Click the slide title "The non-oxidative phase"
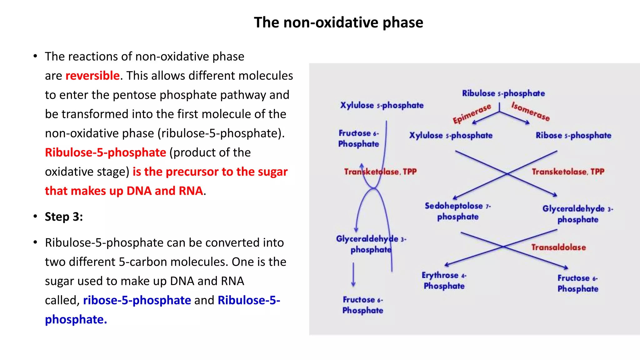coord(338,22)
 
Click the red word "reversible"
coord(92,76)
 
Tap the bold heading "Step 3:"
coord(64,217)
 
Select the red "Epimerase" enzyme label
coord(472,114)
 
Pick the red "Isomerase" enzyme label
coord(530,112)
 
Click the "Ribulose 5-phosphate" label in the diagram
coord(503,93)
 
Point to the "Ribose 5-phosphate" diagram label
coord(573,135)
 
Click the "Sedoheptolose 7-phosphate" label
coord(458,211)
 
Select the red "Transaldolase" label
coord(558,247)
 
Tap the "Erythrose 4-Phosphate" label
coord(444,280)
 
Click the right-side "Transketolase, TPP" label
coord(568,172)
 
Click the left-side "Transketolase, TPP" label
coord(380,172)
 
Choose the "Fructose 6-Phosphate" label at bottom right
coord(577,283)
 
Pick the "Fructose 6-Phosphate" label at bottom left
coord(362,305)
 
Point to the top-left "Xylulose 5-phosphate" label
coord(382,105)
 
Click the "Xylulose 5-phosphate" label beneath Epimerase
coord(451,135)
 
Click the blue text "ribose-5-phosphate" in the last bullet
coord(137,300)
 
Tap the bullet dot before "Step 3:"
coord(35,216)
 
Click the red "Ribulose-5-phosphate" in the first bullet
coord(105,152)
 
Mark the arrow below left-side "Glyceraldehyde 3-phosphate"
coord(353,274)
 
